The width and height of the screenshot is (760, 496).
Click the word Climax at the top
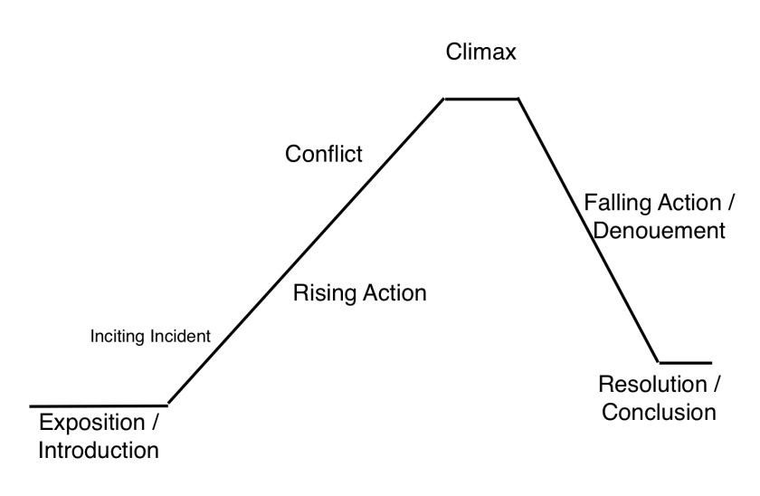(x=480, y=52)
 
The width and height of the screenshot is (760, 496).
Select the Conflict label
(x=324, y=154)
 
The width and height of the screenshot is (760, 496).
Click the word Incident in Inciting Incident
(x=181, y=336)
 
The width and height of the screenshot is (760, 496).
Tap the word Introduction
(x=99, y=450)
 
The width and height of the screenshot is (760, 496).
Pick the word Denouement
(x=658, y=230)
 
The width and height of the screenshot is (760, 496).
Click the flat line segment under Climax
(x=480, y=98)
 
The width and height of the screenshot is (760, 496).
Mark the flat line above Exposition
(x=98, y=405)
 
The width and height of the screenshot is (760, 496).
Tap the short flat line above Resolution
(x=685, y=362)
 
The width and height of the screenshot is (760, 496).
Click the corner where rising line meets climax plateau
(x=443, y=98)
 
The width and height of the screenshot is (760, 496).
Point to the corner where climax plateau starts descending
(x=518, y=98)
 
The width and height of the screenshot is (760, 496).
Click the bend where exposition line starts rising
(x=167, y=405)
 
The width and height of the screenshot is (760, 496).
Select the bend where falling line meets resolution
(x=659, y=362)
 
